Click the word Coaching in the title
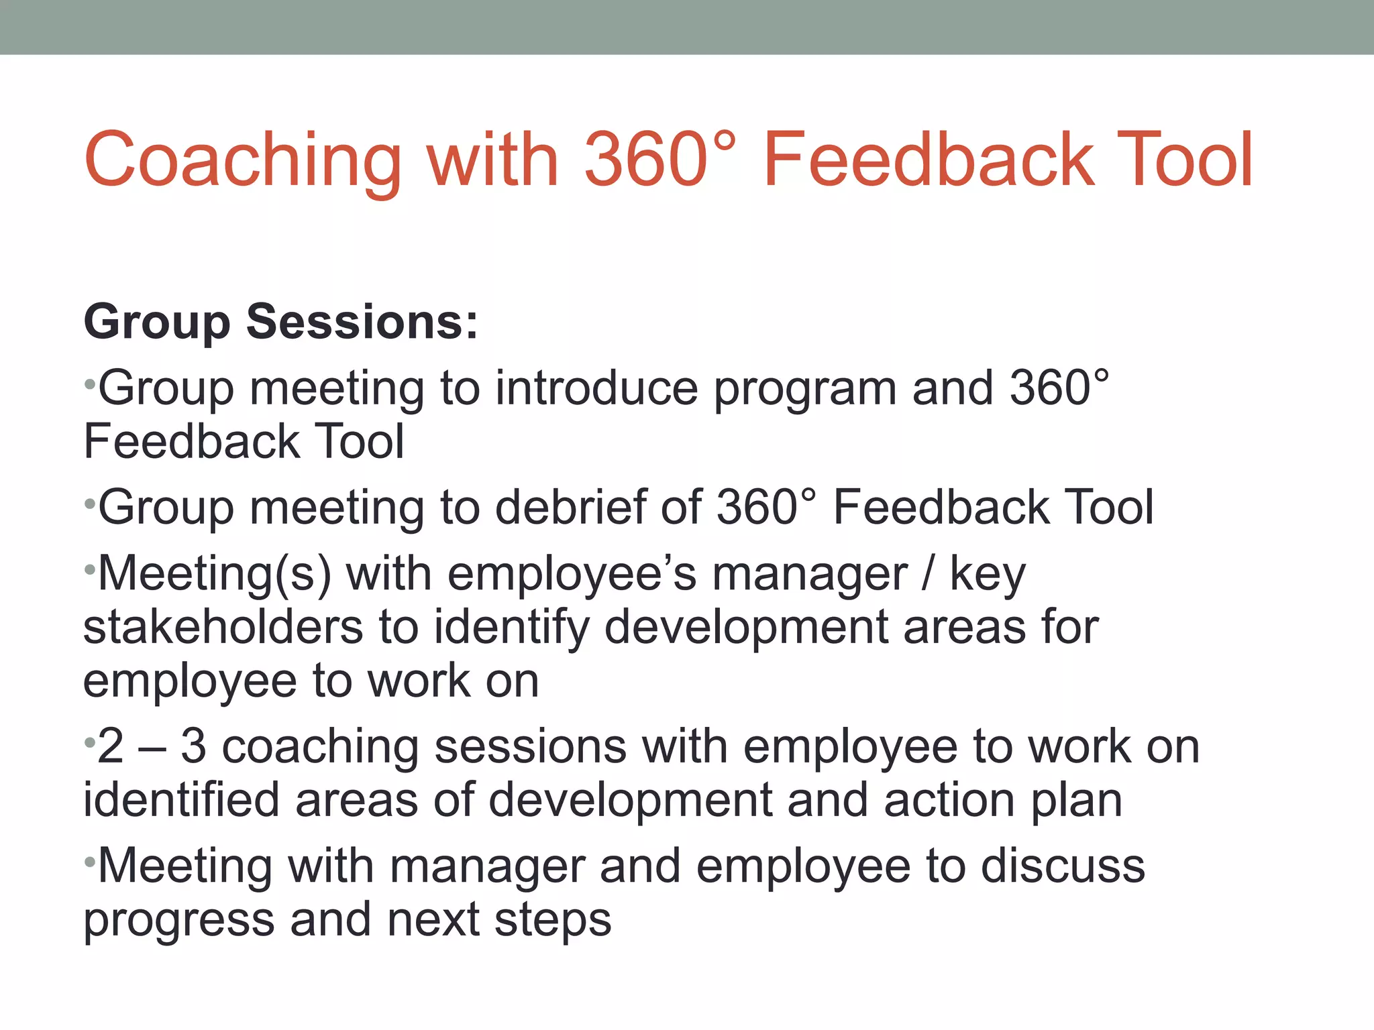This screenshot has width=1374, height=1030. [243, 161]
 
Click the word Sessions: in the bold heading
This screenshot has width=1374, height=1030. [362, 322]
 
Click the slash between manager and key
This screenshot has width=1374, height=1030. [928, 575]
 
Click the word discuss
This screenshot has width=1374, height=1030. [1063, 866]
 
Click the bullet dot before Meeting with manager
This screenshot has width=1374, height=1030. [89, 860]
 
